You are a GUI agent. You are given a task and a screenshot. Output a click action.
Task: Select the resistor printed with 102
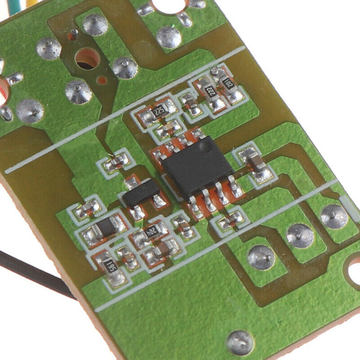click(228, 84)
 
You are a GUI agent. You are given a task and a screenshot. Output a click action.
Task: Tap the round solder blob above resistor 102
click(218, 71)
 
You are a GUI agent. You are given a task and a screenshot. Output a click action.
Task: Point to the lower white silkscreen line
click(216, 247)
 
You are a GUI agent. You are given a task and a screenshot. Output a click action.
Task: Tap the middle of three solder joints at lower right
click(300, 235)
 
